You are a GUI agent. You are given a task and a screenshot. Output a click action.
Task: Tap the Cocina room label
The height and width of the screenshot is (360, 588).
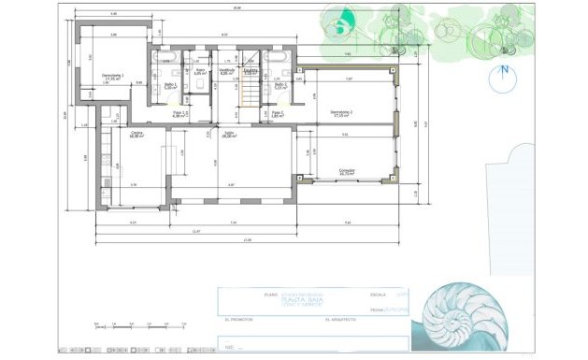click(x=136, y=135)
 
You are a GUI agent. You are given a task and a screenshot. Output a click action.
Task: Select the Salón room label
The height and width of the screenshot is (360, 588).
click(x=228, y=134)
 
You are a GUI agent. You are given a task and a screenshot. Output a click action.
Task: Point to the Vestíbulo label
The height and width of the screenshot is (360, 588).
click(x=226, y=71)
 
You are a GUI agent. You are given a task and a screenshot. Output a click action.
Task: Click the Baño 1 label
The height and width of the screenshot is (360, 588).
click(x=170, y=85)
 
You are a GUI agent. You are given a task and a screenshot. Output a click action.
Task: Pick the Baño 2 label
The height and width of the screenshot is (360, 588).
click(x=280, y=85)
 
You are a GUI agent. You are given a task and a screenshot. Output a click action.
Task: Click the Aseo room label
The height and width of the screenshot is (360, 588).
click(x=199, y=71)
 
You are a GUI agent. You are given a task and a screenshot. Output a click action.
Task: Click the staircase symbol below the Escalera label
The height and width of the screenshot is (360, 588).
click(x=250, y=92)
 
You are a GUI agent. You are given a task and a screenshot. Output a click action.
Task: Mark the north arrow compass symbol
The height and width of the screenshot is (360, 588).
click(x=503, y=72)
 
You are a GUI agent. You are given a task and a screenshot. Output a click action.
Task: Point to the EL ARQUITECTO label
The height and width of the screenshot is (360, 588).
click(x=341, y=320)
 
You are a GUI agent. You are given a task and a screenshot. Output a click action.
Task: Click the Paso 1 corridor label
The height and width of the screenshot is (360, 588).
click(x=180, y=114)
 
